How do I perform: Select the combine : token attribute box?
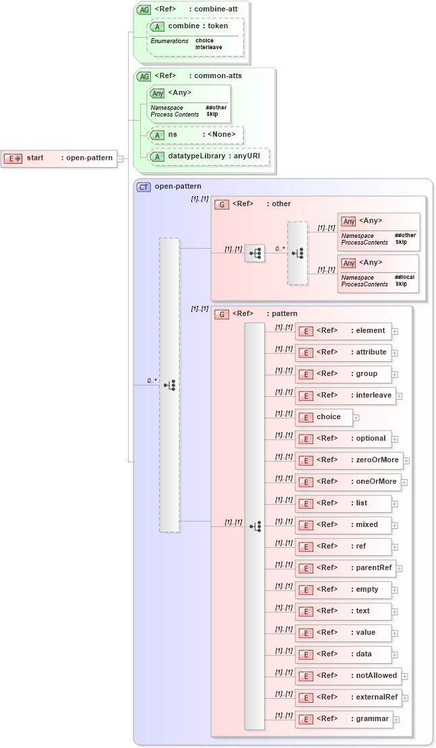coord(195,26)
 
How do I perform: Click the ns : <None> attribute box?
coord(195,135)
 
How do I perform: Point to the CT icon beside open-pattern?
coord(144,187)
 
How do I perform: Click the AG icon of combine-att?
coord(144,9)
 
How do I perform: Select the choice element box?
coord(323,417)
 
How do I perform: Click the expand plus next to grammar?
coord(396,720)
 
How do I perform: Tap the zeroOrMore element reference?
coord(349,460)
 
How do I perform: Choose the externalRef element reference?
coord(348,697)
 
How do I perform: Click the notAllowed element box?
coord(348,676)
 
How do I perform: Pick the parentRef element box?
coord(345,568)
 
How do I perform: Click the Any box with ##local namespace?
coord(378,273)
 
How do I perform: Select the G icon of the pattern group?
coord(221,314)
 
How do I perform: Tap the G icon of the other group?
coord(221,204)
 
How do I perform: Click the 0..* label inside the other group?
coord(280,249)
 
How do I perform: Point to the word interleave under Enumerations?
coord(209,47)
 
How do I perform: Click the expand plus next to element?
coord(395,332)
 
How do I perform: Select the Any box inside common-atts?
coord(189,103)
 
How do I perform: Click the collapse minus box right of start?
coord(120,159)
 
